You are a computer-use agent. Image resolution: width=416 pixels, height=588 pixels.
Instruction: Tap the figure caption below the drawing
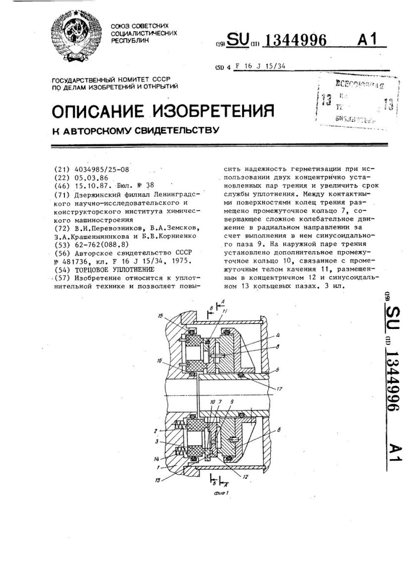click(216, 493)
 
